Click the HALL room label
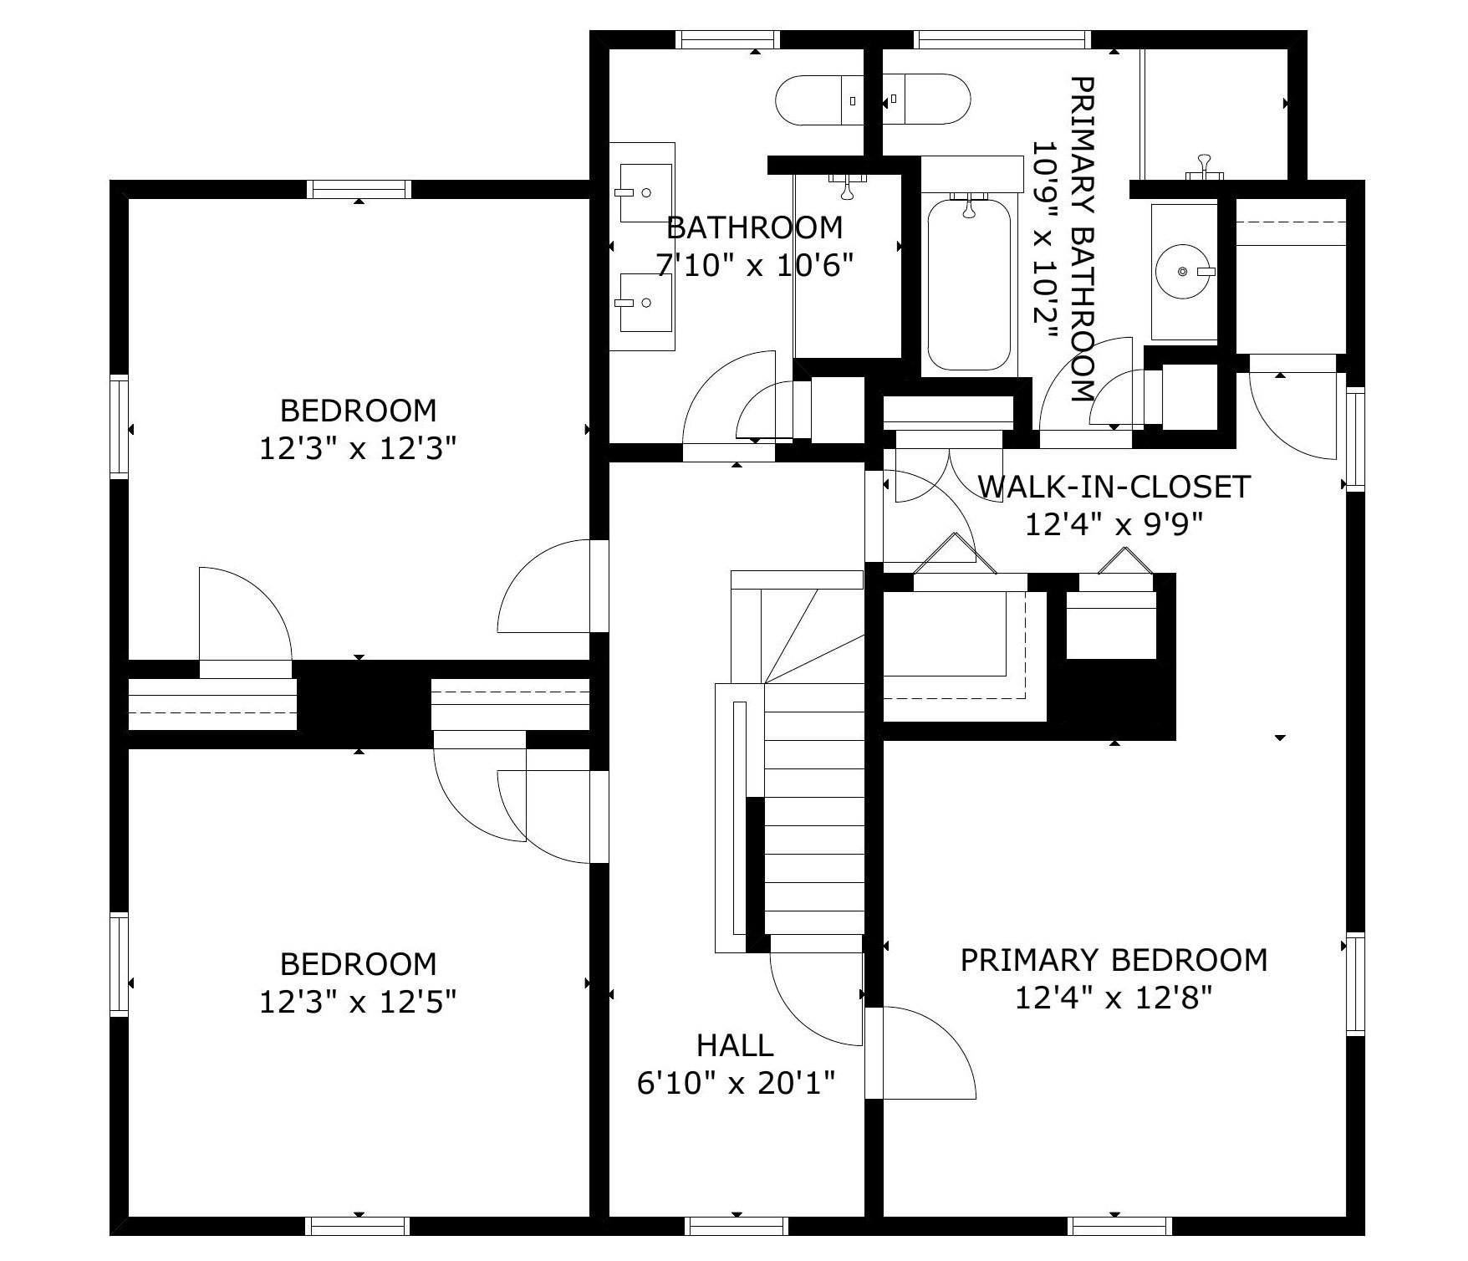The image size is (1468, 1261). [x=735, y=1045]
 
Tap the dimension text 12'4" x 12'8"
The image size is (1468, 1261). [x=1114, y=998]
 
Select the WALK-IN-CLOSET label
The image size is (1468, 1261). [x=1114, y=486]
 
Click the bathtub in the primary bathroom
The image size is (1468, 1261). [x=970, y=284]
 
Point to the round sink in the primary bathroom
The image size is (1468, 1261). [x=1184, y=272]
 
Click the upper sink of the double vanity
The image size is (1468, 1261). [x=645, y=192]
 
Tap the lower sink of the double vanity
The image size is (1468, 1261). [x=645, y=302]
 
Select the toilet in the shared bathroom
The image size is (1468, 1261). [x=819, y=100]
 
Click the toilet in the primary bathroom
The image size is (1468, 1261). [x=928, y=100]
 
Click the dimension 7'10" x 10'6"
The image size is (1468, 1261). [x=754, y=266]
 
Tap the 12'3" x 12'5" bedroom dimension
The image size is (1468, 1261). [x=358, y=1001]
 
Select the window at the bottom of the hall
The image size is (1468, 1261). [x=737, y=1226]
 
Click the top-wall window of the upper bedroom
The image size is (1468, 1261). [x=359, y=189]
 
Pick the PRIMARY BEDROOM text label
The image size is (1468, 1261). [x=1114, y=959]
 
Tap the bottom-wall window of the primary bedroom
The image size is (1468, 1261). [x=1120, y=1226]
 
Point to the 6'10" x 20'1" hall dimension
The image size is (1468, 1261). [x=736, y=1084]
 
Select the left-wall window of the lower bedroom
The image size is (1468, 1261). [x=120, y=964]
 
